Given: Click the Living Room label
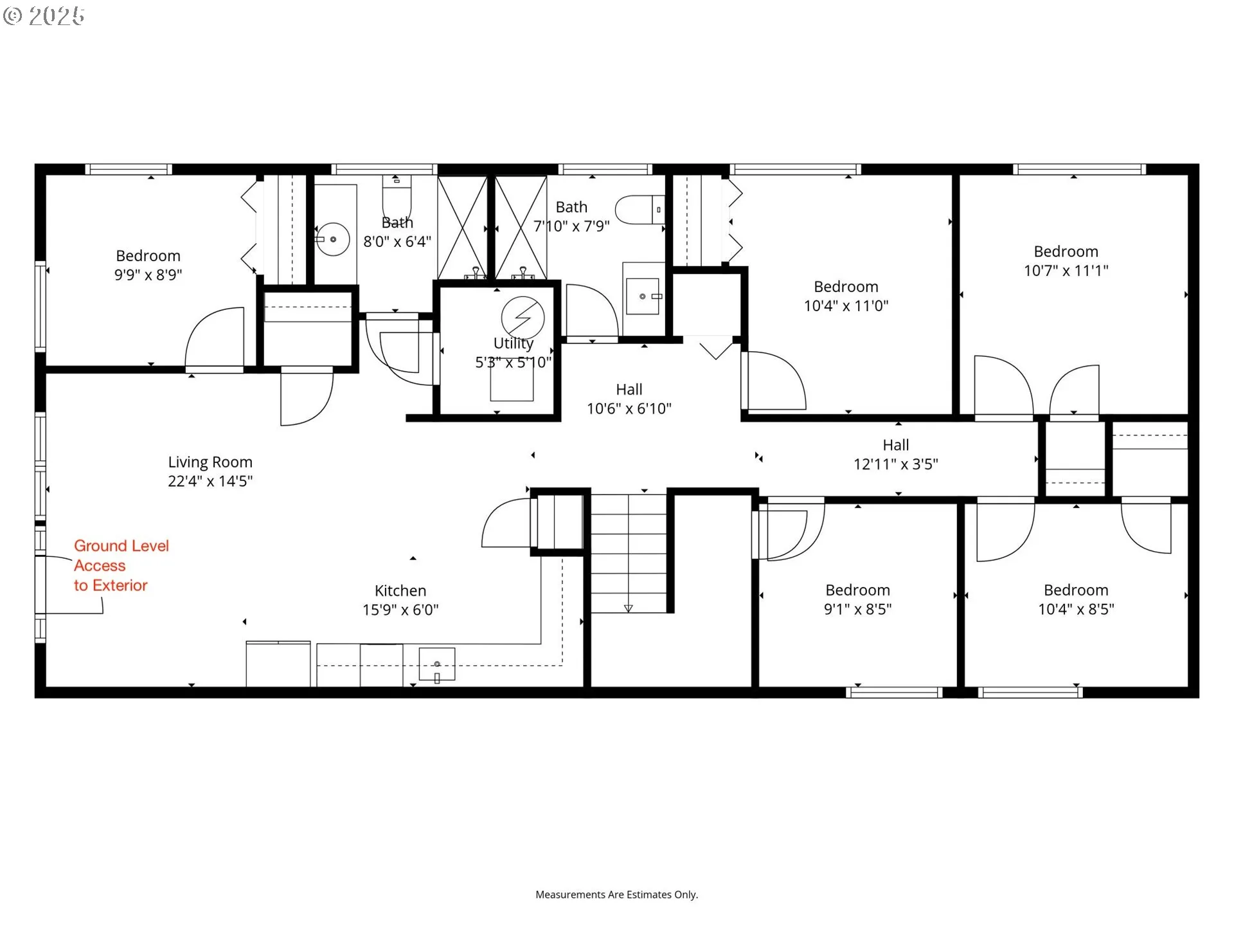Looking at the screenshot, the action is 210,471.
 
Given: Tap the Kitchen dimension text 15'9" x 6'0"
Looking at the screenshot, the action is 400,610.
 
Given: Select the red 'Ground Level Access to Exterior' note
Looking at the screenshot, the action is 121,565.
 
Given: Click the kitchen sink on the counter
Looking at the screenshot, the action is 437,664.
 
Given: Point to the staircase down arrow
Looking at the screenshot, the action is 629,608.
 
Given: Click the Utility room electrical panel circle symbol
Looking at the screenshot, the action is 523,317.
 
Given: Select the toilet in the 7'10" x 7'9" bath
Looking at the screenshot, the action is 640,210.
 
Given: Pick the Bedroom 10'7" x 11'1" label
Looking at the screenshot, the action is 1066,261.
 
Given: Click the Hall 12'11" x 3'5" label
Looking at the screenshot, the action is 896,455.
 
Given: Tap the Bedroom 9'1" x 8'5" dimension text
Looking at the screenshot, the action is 858,609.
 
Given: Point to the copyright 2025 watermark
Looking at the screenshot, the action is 44,16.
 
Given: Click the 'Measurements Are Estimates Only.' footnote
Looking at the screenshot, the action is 616,894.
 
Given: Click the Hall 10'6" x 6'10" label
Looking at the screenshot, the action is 629,399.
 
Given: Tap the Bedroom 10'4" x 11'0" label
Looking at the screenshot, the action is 846,296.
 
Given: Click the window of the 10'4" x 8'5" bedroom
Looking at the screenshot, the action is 1030,693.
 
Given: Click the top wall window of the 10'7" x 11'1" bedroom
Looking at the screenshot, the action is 1079,169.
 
